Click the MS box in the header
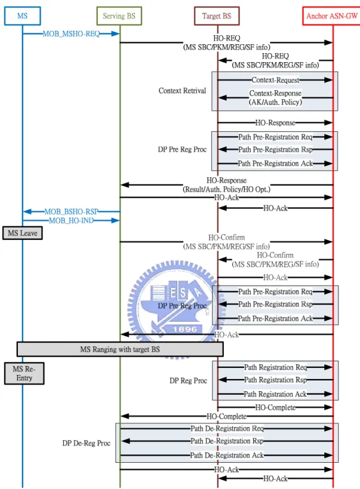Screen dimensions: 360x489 click(x=22, y=16)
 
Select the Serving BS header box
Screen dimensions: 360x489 click(x=119, y=16)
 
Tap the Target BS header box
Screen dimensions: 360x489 click(x=217, y=16)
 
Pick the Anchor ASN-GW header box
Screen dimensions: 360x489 click(x=331, y=16)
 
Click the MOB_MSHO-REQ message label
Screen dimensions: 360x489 click(x=71, y=33)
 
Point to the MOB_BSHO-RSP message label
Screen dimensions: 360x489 click(x=71, y=212)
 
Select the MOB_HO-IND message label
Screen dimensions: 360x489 click(x=71, y=220)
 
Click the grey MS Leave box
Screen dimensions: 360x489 click(x=23, y=233)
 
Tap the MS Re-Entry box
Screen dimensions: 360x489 click(x=24, y=373)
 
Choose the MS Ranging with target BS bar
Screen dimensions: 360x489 click(x=120, y=349)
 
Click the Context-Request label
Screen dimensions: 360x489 click(x=275, y=80)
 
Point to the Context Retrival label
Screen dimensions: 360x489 click(x=182, y=91)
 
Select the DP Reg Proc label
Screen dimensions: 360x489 click(x=188, y=381)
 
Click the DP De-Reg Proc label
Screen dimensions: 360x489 click(x=87, y=443)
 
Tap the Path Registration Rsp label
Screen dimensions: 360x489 click(x=275, y=380)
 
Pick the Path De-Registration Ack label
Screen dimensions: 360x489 click(x=227, y=456)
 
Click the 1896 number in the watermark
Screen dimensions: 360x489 click(x=184, y=330)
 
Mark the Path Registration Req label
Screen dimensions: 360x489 click(x=275, y=367)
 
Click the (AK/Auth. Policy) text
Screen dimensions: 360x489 click(x=275, y=102)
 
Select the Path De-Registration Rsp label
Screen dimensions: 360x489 click(x=227, y=441)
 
